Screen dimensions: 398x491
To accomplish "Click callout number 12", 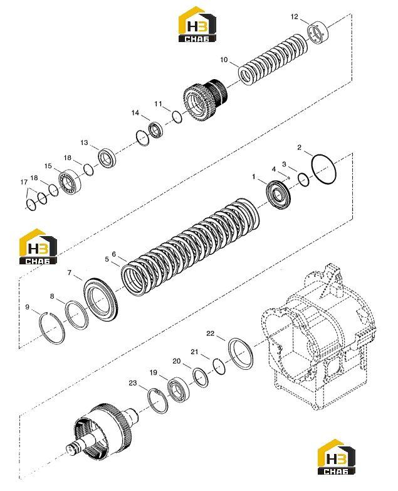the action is click(294, 16).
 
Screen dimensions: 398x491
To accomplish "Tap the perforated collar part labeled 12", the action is click(317, 33).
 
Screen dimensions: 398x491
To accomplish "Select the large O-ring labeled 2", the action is click(323, 169).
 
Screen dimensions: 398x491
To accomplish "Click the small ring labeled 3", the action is click(303, 180).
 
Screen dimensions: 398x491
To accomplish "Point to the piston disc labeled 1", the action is click(278, 196).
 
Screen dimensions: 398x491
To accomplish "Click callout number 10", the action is click(224, 60).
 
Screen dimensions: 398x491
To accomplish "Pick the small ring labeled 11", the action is click(177, 117).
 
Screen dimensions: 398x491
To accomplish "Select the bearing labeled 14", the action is click(155, 129).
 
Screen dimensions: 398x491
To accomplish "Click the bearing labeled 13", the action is click(107, 158).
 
